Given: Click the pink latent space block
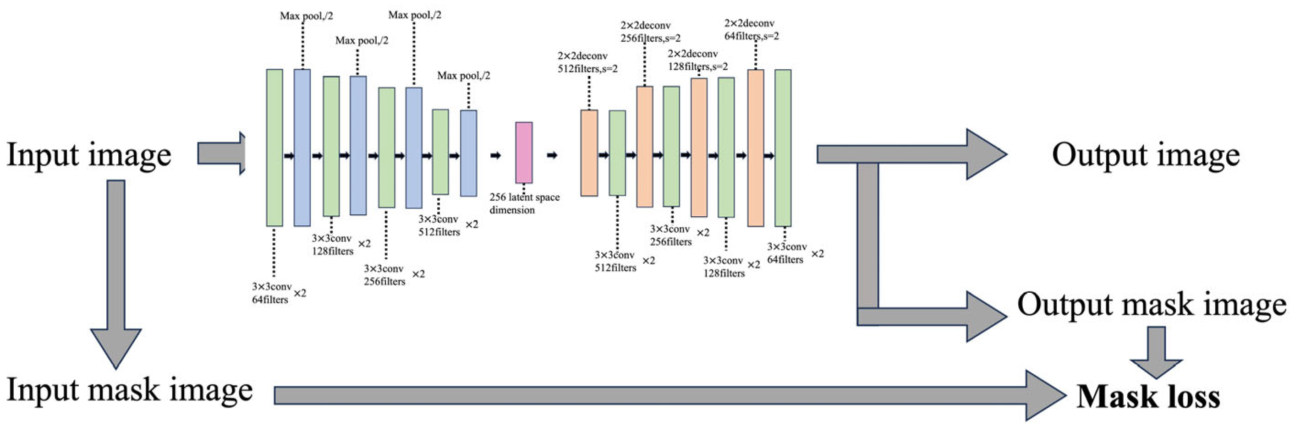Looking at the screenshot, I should click(523, 153).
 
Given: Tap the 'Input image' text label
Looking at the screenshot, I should click(89, 155).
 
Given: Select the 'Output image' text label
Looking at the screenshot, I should click(1146, 155).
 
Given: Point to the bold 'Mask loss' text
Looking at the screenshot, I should click(1148, 397).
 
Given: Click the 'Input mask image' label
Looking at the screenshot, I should click(129, 390).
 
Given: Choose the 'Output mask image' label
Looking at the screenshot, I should click(1151, 304).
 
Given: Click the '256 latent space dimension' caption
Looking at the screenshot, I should click(524, 203).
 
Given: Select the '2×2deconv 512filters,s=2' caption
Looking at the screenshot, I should click(587, 62).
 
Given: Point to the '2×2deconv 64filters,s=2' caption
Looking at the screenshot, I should click(751, 30).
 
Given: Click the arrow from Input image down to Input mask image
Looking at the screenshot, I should click(116, 271).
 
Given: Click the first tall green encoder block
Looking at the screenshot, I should click(274, 148).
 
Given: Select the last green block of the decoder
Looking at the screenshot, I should click(782, 148).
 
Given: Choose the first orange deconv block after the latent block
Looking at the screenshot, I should click(589, 153).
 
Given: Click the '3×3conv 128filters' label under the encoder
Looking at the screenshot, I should click(332, 245).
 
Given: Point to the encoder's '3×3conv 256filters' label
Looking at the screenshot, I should click(384, 275).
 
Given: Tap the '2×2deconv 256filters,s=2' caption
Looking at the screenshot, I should click(650, 32).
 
